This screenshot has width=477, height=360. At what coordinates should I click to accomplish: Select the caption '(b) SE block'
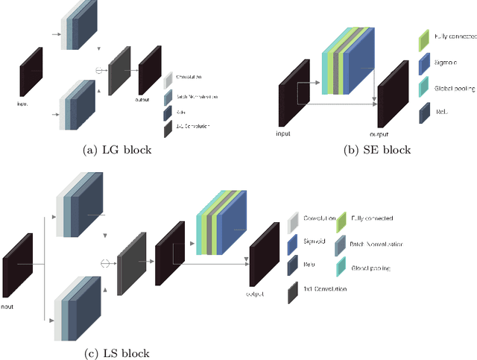(376, 150)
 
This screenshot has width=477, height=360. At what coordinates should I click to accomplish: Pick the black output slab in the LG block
(149, 71)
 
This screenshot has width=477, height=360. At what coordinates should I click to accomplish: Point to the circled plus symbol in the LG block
(100, 70)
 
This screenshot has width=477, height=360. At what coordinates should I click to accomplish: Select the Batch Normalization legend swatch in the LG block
(168, 95)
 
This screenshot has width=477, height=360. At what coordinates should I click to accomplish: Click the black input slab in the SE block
(288, 98)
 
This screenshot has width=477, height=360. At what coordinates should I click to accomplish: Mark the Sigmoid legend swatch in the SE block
(423, 63)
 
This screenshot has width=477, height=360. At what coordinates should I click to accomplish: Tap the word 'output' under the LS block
(256, 294)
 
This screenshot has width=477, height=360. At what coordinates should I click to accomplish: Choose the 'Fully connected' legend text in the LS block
(372, 218)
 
